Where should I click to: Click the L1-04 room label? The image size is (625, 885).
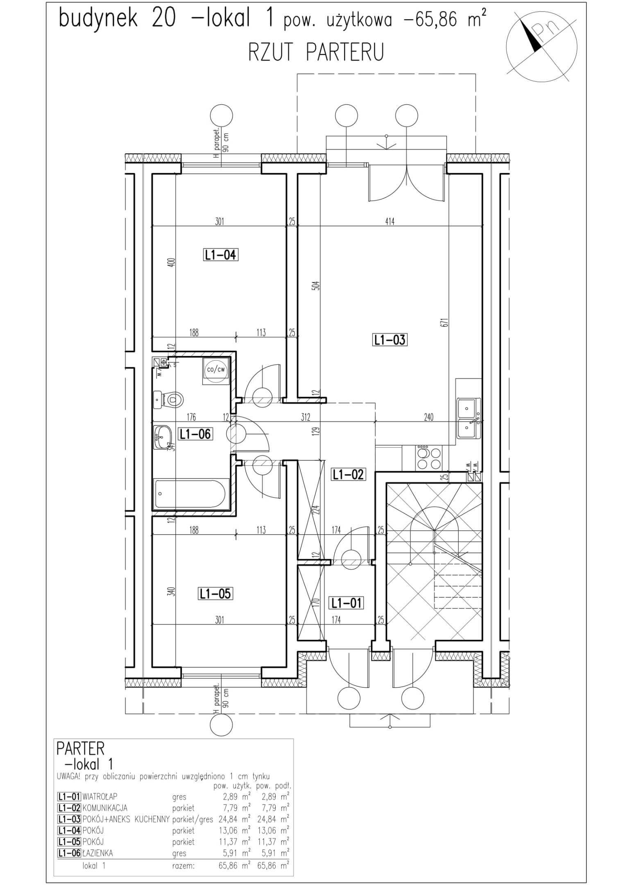click(x=221, y=255)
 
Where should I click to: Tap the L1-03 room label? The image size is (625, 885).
click(x=389, y=340)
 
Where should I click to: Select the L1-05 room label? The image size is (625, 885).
click(x=215, y=593)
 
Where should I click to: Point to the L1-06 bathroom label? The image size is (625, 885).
click(x=195, y=433)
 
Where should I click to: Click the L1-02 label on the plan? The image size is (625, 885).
click(x=348, y=474)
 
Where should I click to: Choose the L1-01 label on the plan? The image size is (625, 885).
click(x=346, y=603)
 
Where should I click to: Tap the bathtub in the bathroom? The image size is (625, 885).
click(x=189, y=494)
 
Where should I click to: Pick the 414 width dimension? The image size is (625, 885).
click(x=389, y=222)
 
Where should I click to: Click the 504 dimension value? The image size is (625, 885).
click(x=316, y=285)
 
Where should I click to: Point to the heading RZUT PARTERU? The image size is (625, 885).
click(x=316, y=52)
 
